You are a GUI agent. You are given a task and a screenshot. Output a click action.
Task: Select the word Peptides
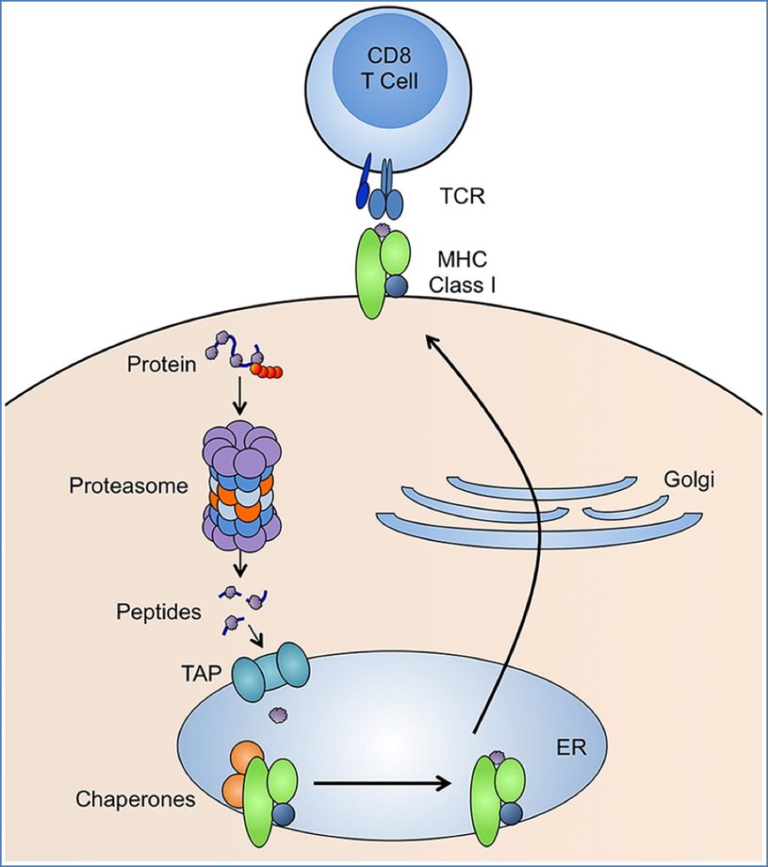click(x=159, y=611)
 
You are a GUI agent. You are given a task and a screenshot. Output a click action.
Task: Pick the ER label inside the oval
click(x=566, y=748)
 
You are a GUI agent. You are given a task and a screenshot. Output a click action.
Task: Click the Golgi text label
click(x=689, y=480)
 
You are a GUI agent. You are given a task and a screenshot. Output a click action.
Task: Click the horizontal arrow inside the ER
click(x=381, y=782)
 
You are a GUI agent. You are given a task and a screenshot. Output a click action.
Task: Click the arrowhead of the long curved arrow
click(x=432, y=340)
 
